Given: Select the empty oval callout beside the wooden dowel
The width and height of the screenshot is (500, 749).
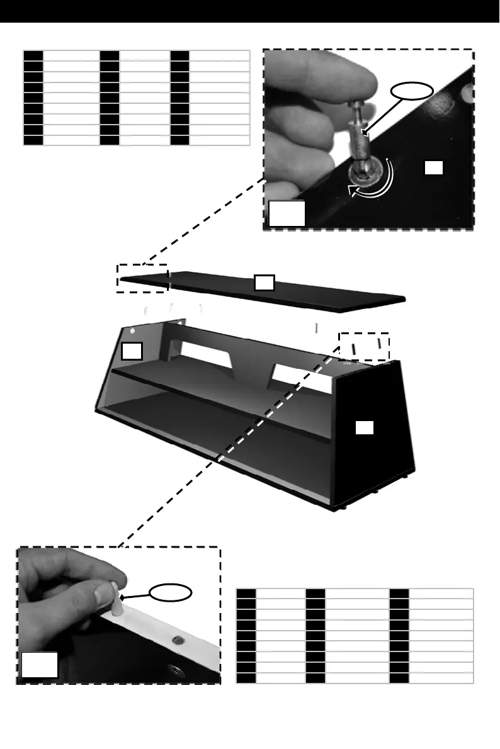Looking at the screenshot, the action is tap(171, 592).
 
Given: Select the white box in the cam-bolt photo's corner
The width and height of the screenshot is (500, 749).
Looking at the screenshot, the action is tap(287, 213).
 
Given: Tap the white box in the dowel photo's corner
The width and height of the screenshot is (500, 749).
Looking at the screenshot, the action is tap(40, 665).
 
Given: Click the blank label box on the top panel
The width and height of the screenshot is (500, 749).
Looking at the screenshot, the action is tap(264, 283).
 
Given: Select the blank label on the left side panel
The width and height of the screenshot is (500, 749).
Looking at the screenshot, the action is tap(132, 351).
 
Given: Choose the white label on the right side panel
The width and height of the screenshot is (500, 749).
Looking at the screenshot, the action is tap(365, 428).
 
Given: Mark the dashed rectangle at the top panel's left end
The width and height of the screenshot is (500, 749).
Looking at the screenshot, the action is tap(142, 278).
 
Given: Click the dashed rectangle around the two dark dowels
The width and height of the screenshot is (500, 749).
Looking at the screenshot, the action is tap(364, 346).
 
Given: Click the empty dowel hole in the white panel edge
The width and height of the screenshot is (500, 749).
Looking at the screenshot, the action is tap(178, 640).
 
